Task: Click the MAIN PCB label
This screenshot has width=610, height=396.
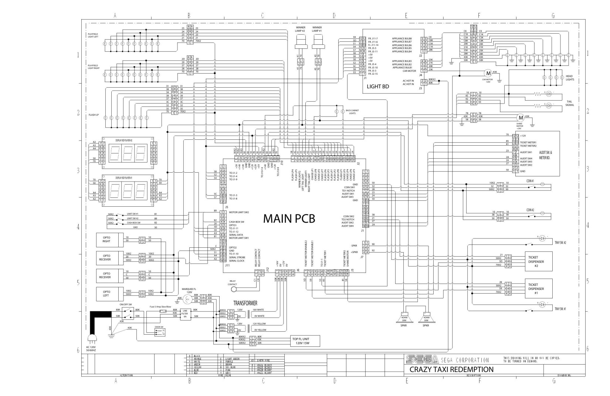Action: (289, 219)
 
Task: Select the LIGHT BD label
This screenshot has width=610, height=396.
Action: (377, 87)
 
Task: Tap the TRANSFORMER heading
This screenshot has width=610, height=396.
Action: (245, 303)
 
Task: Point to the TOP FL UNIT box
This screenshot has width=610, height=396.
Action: (301, 341)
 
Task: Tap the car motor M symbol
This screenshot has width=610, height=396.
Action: (487, 73)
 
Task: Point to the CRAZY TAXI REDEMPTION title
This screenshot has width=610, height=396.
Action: (451, 369)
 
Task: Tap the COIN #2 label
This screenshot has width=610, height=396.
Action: (530, 210)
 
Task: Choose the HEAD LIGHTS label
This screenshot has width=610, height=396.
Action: (570, 78)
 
